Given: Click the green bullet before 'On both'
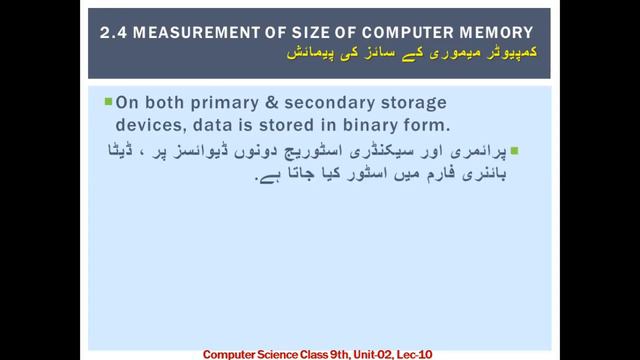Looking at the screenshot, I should (108, 102).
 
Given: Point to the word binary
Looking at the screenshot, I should (371, 126).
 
